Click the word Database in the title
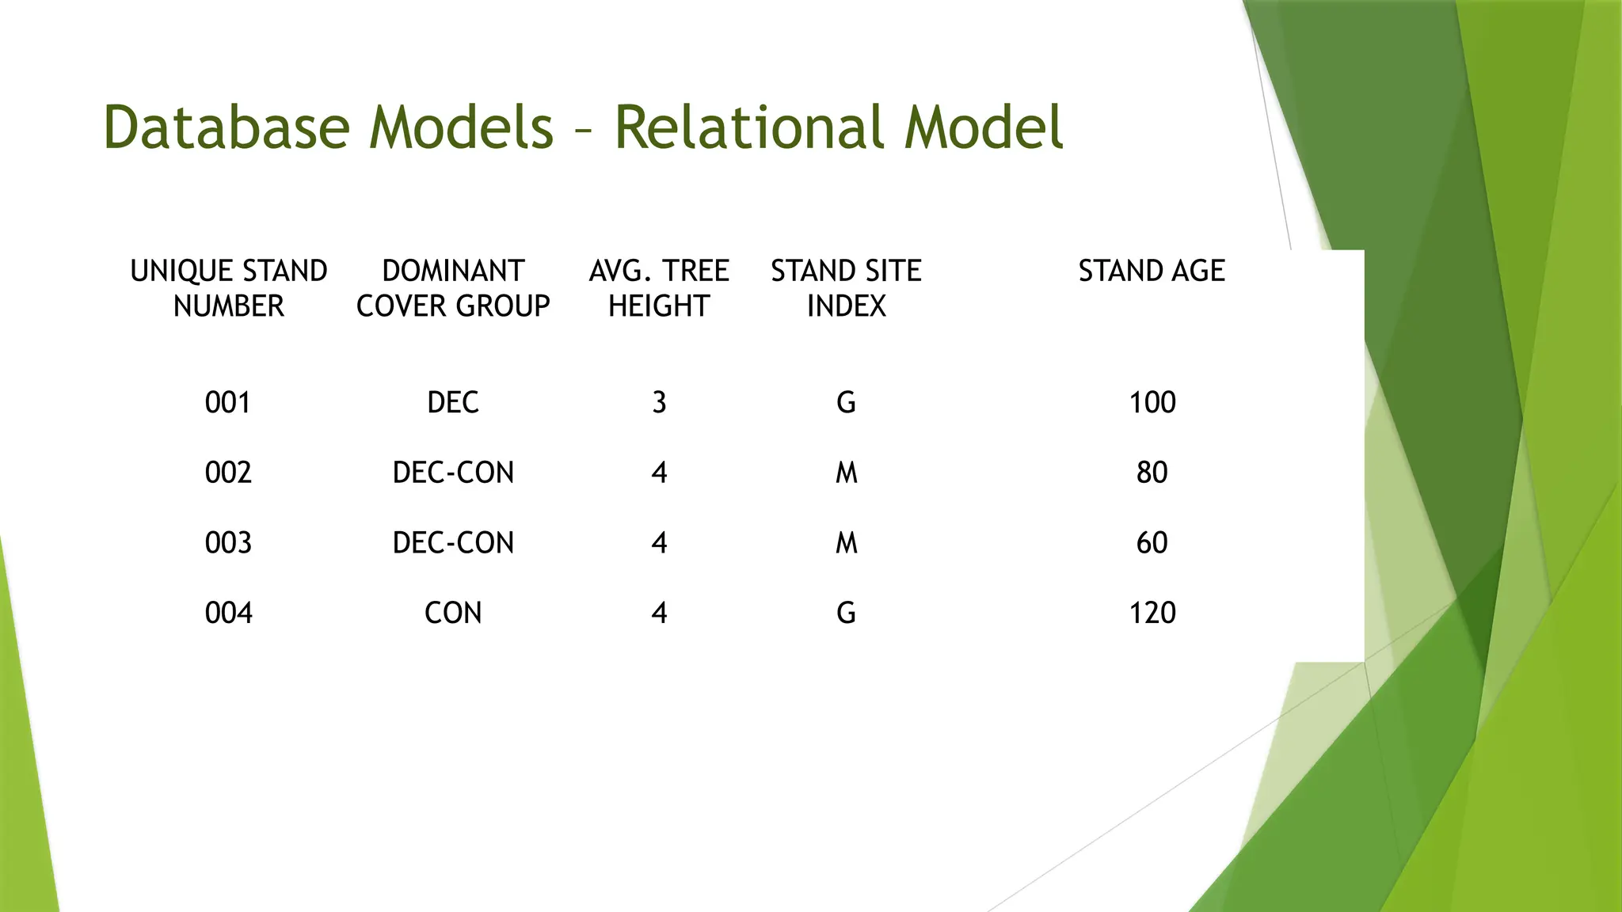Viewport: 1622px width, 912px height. click(x=227, y=127)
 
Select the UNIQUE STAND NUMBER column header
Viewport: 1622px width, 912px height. click(x=228, y=288)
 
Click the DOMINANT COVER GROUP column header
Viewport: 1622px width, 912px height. click(x=453, y=288)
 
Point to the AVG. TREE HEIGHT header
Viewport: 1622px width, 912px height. click(x=659, y=288)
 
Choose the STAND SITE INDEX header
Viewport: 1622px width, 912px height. click(x=846, y=288)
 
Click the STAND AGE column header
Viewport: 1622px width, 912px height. click(x=1152, y=272)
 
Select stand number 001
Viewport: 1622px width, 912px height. click(x=228, y=403)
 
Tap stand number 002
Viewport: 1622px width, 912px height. click(x=228, y=473)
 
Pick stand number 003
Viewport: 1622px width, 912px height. click(x=228, y=543)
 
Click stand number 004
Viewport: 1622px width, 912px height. click(x=228, y=613)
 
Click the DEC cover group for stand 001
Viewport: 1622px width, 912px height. click(x=453, y=403)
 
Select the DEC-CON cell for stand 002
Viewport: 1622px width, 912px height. click(x=453, y=473)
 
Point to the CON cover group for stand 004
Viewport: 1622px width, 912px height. click(x=453, y=613)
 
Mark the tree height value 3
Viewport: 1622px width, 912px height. click(x=659, y=403)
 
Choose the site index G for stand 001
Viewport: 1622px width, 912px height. click(x=846, y=403)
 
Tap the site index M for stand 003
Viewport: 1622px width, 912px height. click(x=846, y=543)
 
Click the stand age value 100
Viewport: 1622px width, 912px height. click(x=1152, y=403)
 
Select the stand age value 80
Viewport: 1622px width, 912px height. click(x=1152, y=473)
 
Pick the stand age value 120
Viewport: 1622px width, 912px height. click(x=1152, y=613)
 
